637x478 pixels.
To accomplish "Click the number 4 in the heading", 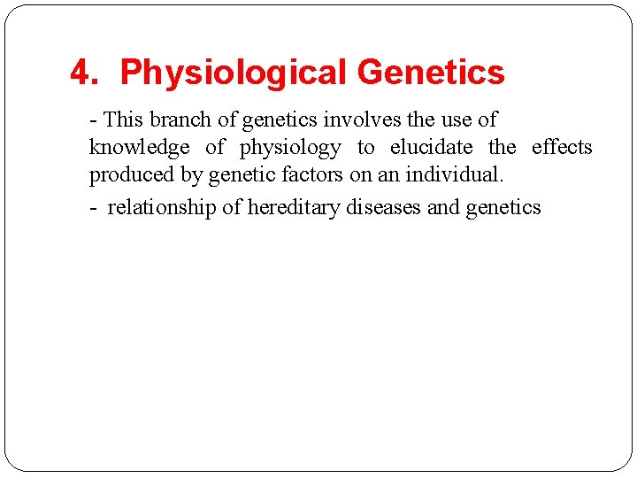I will click(x=81, y=73).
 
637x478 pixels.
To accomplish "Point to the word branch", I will click(x=180, y=119).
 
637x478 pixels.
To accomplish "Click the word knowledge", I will click(x=139, y=148).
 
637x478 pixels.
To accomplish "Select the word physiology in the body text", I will click(x=290, y=148).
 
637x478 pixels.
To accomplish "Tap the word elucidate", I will click(x=431, y=148).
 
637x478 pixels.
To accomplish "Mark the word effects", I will click(x=562, y=148).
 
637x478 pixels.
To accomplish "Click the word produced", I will click(x=132, y=175).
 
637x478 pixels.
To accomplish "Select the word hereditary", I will click(x=288, y=208).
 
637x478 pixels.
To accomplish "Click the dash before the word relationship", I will click(x=94, y=209).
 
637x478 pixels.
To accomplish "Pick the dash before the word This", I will click(x=93, y=120).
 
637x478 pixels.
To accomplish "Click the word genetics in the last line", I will click(x=503, y=208).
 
